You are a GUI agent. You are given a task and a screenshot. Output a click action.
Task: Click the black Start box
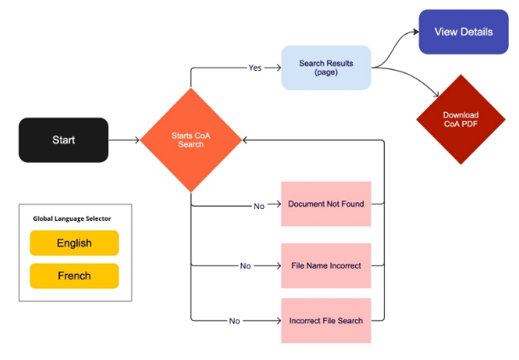(x=63, y=140)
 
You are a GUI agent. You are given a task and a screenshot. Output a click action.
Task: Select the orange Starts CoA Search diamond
(x=190, y=140)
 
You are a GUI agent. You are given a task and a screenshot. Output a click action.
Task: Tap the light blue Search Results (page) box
(x=326, y=68)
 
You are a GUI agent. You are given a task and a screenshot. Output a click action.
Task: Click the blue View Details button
(x=464, y=32)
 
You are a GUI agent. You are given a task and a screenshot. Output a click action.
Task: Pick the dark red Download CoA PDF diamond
(x=460, y=119)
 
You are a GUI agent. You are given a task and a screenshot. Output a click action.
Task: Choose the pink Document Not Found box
(x=326, y=204)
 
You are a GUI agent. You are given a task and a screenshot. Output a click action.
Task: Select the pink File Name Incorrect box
(x=326, y=265)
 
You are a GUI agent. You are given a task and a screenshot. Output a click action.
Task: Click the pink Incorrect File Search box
(x=326, y=321)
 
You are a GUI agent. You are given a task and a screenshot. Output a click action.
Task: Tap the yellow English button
(x=74, y=243)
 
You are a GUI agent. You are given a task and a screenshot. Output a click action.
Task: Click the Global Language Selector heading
(x=72, y=218)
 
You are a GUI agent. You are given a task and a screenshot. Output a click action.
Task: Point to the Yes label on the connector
(x=254, y=68)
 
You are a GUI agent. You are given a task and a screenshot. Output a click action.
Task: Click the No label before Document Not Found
(x=259, y=205)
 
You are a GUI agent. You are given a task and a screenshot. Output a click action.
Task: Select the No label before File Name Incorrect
(x=246, y=266)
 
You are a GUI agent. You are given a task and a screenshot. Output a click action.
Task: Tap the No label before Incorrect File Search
(x=234, y=322)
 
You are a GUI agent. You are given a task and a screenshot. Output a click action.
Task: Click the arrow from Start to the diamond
(x=124, y=140)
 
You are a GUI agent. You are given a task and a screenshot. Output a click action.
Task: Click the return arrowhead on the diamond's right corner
(x=244, y=140)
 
